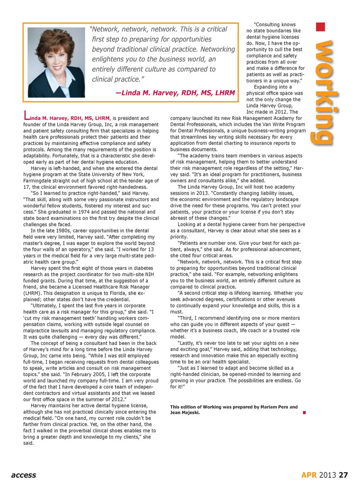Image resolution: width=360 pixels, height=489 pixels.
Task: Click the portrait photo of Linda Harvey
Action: [x=56, y=63]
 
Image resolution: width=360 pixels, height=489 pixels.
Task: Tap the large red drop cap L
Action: [x=26, y=115]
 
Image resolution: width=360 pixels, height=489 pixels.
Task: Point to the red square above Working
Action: [x=320, y=27]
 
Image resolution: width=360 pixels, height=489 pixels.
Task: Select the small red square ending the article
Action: [x=304, y=413]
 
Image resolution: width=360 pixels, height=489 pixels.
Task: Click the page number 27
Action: [x=343, y=475]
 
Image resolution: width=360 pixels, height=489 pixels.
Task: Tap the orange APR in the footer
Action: [x=309, y=475]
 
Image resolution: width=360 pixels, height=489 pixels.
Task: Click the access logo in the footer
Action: [x=24, y=475]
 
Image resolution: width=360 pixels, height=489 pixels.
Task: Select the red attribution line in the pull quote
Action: [x=175, y=93]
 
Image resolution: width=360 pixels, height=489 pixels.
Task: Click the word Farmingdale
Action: [x=39, y=181]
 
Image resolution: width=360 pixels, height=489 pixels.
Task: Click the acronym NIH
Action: [x=149, y=274]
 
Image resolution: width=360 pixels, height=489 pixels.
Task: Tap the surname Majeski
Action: [x=191, y=413]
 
